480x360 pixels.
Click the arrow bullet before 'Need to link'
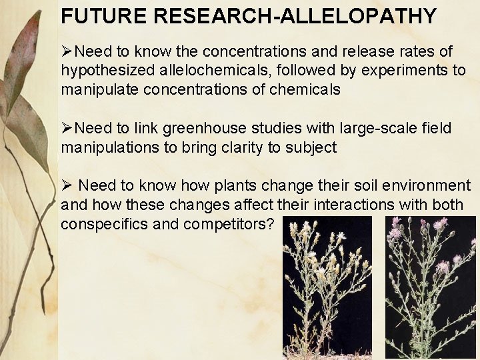(x=67, y=129)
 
